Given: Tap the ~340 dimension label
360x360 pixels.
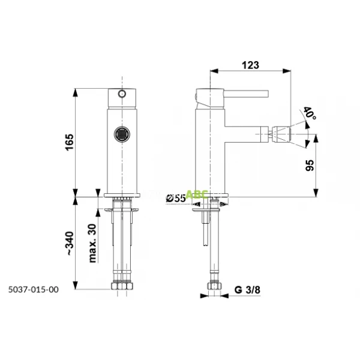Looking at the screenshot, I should pyautogui.click(x=70, y=244).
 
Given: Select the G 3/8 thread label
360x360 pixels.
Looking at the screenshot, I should pyautogui.click(x=246, y=292).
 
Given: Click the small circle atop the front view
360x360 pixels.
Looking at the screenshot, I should pyautogui.click(x=122, y=94).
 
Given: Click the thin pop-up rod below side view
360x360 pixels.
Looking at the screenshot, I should pyautogui.click(x=205, y=231).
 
